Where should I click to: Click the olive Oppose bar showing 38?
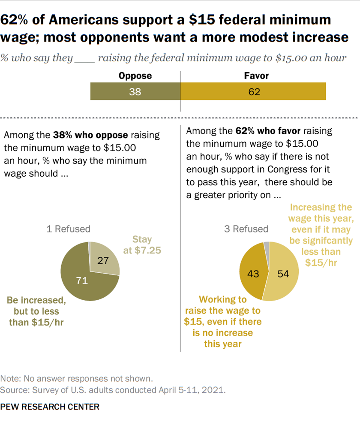tap(135, 91)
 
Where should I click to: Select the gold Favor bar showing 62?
tap(253, 91)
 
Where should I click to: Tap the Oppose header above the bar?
tap(135, 76)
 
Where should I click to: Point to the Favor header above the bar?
tap(256, 76)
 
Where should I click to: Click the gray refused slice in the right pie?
tap(267, 245)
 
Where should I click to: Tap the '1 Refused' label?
tap(69, 229)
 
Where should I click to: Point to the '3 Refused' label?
tap(246, 229)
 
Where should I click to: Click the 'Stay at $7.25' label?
tap(142, 244)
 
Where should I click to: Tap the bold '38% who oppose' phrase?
tap(90, 135)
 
